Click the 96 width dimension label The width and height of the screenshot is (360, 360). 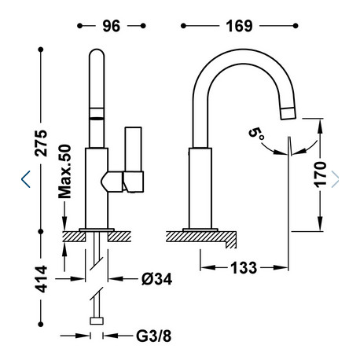coord(112,26)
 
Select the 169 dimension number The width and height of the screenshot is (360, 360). coord(239,26)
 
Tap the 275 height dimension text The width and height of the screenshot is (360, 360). coord(42,143)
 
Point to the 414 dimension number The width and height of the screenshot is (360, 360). coord(42,279)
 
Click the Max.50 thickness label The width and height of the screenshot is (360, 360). coord(64,171)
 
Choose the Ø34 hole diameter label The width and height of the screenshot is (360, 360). coord(156,279)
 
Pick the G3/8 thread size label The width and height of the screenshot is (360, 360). coord(153,336)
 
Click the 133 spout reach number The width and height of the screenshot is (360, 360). coord(244,268)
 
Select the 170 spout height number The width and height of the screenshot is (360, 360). coord(320,174)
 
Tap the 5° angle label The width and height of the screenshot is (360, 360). coord(256,134)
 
